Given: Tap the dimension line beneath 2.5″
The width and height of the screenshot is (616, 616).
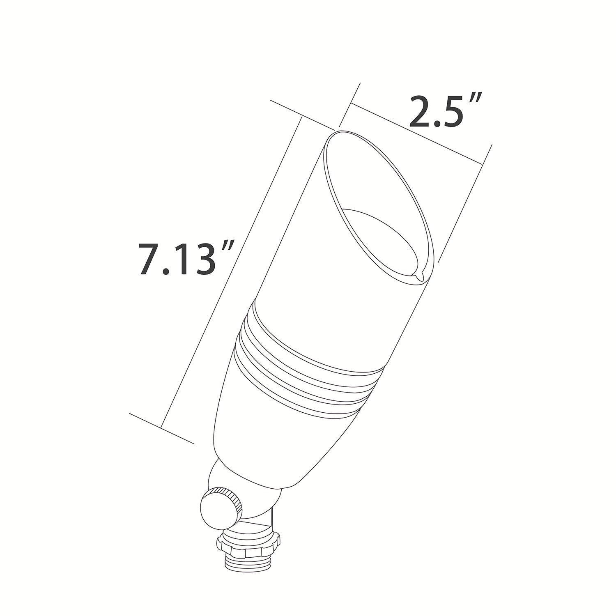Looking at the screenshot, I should coord(415,132).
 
